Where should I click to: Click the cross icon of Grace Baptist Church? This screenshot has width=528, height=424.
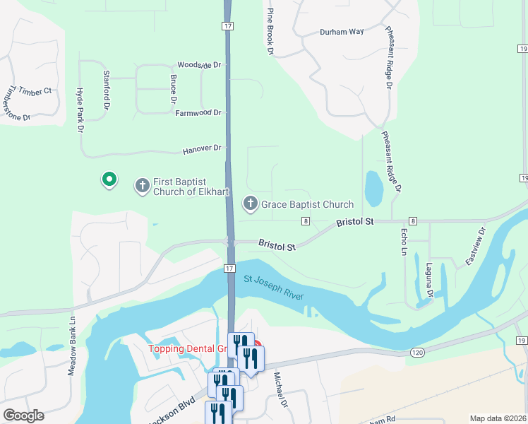click(250, 204)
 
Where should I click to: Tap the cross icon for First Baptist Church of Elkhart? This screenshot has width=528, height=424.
click(142, 186)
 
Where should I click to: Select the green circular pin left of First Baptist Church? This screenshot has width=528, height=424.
click(109, 180)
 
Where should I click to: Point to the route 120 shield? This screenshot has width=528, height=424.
click(416, 351)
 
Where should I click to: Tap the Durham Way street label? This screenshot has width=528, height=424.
click(342, 32)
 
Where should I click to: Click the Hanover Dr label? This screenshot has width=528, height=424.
click(203, 150)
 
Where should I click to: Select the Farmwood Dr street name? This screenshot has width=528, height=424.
click(198, 112)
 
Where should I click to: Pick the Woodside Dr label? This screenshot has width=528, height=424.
click(199, 64)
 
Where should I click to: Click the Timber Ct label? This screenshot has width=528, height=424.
click(36, 91)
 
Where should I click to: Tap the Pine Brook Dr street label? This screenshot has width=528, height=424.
click(270, 32)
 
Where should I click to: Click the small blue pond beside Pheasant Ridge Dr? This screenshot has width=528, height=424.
click(373, 187)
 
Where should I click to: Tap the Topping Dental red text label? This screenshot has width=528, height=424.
click(186, 348)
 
